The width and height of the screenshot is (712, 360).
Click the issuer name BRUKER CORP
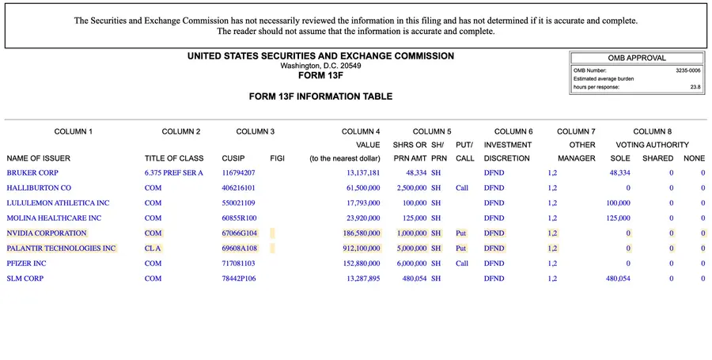pos(32,172)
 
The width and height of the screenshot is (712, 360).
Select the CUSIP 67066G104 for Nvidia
pos(239,233)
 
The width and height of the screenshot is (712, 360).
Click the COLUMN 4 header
pos(361,131)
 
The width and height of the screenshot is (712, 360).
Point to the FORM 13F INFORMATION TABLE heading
pos(320,97)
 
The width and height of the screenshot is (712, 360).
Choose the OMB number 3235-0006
pos(687,70)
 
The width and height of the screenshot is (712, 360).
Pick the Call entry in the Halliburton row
pos(462,188)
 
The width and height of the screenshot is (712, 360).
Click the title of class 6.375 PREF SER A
pos(174,172)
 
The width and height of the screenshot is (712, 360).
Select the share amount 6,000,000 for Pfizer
pos(410,263)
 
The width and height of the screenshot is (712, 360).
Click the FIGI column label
pos(277,158)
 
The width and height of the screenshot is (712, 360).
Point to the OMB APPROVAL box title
pos(637,58)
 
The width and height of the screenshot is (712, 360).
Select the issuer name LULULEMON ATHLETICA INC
pos(58,203)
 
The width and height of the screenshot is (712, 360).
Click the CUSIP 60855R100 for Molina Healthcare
pos(239,218)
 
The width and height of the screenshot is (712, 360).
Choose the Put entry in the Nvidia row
pos(461,233)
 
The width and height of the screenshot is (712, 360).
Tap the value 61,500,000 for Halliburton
pos(363,188)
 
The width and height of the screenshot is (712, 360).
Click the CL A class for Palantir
pos(153,248)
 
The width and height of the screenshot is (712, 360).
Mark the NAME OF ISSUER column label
pos(39,158)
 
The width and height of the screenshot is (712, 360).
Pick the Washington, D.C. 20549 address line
pos(320,66)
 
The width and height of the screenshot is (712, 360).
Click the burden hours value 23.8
pos(695,87)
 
